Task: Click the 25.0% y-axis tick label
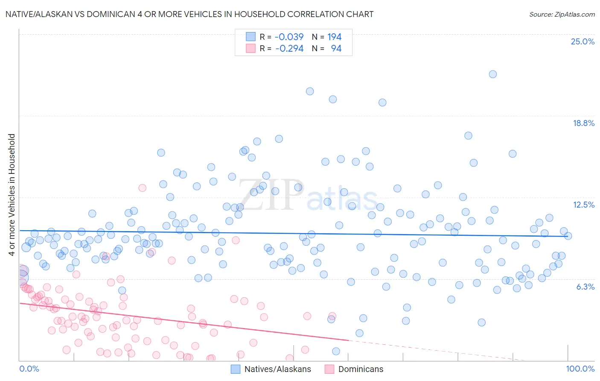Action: [583, 41]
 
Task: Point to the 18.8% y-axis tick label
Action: [583, 123]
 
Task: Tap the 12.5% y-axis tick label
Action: [583, 205]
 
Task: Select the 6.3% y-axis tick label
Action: [585, 287]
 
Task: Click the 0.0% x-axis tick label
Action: [29, 369]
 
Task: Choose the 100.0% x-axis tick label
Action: [580, 369]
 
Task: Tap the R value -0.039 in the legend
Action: [289, 37]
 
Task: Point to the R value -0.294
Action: [289, 48]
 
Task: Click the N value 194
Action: [335, 37]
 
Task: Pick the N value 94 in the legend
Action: [336, 48]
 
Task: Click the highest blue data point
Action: [492, 74]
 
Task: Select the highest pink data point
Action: [142, 188]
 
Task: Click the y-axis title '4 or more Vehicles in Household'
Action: [12, 195]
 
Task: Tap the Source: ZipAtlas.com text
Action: [562, 14]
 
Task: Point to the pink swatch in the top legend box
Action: [250, 48]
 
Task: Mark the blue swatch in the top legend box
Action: [250, 37]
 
